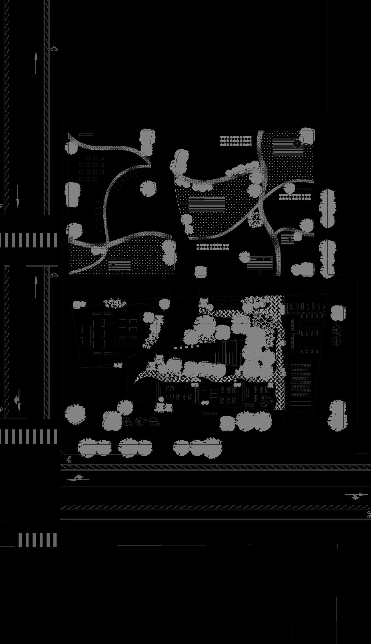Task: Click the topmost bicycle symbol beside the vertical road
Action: tap(54, 49)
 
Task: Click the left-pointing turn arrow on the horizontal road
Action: tap(78, 478)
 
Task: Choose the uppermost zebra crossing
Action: tap(29, 240)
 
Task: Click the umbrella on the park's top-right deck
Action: tap(297, 143)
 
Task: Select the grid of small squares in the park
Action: tap(92, 169)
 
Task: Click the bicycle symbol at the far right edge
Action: tap(369, 514)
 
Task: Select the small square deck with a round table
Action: tap(287, 239)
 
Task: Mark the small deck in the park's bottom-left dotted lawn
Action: tap(119, 265)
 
